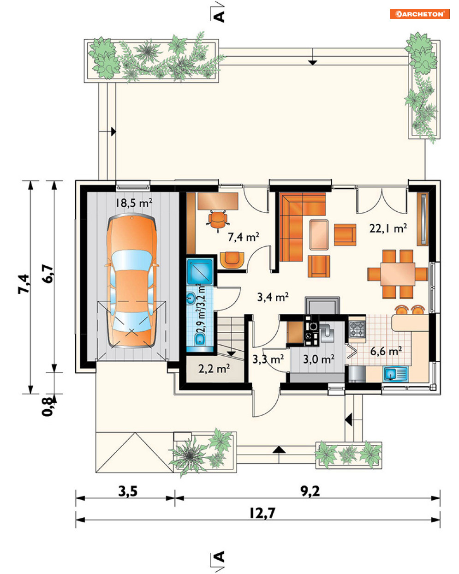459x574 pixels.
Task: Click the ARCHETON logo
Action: click(419, 14)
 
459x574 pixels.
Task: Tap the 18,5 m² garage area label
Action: click(134, 203)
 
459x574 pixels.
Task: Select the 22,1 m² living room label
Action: click(388, 228)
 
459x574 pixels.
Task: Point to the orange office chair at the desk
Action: click(218, 221)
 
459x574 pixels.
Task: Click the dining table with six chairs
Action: click(397, 274)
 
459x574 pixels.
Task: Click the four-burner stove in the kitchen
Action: click(357, 329)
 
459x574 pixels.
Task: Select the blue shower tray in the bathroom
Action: click(200, 271)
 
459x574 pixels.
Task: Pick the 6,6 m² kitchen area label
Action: click(386, 351)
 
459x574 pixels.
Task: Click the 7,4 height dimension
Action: click(24, 284)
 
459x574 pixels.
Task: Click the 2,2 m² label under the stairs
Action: click(214, 369)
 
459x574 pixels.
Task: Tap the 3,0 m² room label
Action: click(319, 359)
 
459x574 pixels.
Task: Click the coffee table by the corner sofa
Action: click(319, 234)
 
